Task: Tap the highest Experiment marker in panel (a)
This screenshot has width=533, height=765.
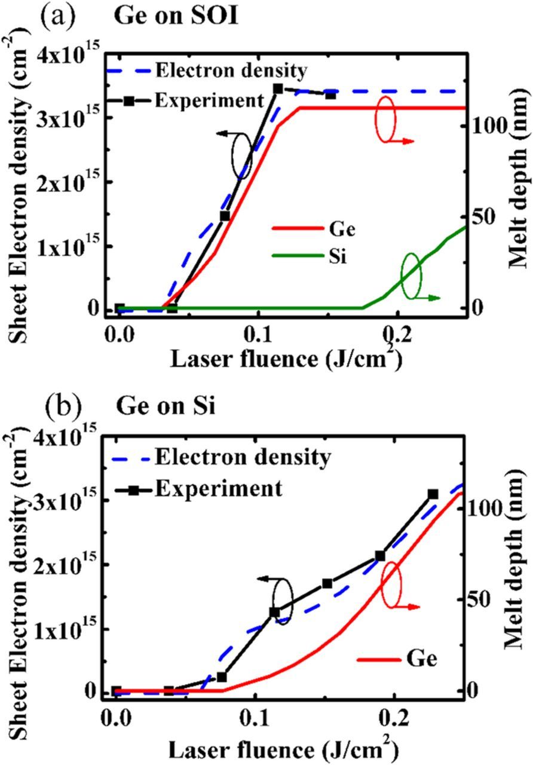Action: click(x=278, y=88)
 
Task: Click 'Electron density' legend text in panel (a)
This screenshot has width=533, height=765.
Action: click(x=231, y=71)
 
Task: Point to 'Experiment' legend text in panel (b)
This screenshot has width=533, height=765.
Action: click(x=218, y=488)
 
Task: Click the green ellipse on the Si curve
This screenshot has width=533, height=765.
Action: click(x=411, y=276)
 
